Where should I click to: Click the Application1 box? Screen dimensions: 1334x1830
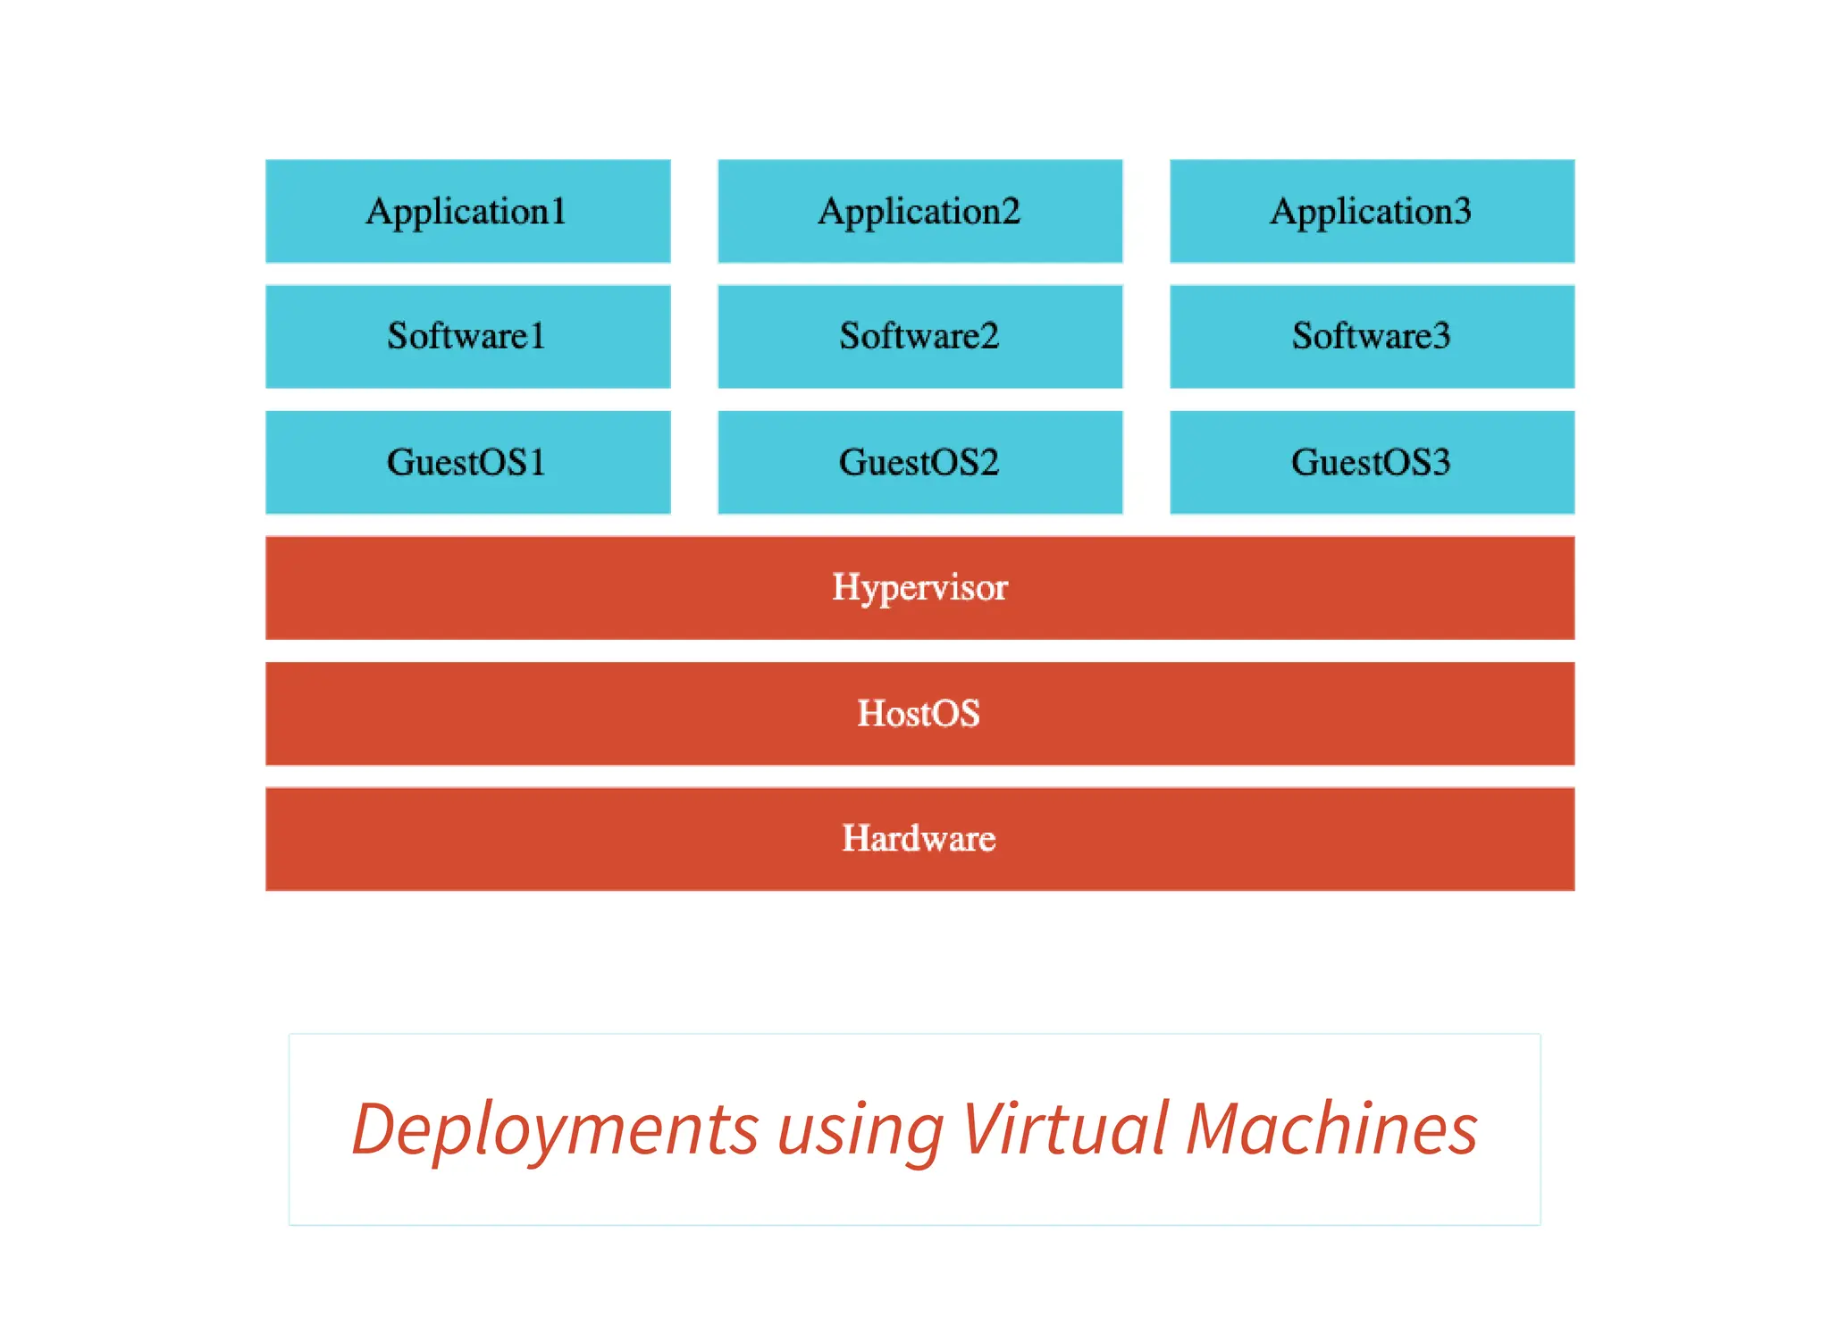tap(467, 211)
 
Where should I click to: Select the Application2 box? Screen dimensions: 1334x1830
tap(919, 211)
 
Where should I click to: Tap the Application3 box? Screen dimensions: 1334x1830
tap(1372, 211)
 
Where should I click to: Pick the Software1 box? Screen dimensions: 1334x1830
tap(467, 336)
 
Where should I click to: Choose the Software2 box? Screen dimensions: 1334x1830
tap(919, 336)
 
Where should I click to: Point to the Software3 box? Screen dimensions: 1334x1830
tap(1372, 336)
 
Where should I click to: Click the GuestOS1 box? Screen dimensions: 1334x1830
tap(467, 462)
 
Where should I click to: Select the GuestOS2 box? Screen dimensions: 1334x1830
tap(919, 462)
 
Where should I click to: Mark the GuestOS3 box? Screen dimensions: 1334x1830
tap(1372, 462)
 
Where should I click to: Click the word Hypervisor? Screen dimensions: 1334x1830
tap(919, 588)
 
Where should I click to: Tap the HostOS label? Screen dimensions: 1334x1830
tap(919, 713)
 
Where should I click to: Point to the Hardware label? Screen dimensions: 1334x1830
tap(919, 838)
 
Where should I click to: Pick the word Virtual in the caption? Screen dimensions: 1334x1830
tap(1064, 1128)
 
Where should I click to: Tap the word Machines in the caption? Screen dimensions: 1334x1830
tap(1331, 1128)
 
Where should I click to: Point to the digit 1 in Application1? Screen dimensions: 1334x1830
tap(558, 211)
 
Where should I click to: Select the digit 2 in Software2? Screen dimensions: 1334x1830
tap(989, 336)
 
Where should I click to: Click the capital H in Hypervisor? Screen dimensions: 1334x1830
tap(845, 586)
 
